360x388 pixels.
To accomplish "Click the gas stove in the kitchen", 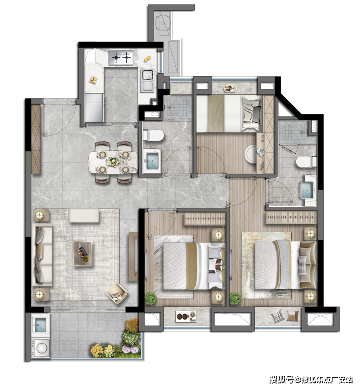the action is coord(121,57).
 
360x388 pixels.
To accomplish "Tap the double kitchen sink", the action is coord(147,81).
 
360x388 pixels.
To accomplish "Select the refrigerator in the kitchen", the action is coord(94,108).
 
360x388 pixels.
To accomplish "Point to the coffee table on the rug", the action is coord(83,253).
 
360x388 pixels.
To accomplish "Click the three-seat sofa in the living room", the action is coord(42,254).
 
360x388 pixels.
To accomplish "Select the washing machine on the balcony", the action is coord(41,348).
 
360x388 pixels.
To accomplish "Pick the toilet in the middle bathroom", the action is coord(153,136).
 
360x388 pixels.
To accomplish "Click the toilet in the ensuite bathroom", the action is coord(306,162).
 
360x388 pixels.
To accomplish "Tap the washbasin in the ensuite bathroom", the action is coord(308,190).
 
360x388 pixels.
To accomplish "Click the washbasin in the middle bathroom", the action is coord(153,161).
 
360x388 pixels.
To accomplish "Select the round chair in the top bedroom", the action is coord(251,154).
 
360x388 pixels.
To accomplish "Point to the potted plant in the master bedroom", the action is coord(236,298).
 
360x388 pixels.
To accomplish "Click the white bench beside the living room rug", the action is coord(84,216).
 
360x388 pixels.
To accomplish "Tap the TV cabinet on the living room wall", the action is coord(134,256).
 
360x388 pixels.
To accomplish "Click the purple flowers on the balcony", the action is coord(132,349).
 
